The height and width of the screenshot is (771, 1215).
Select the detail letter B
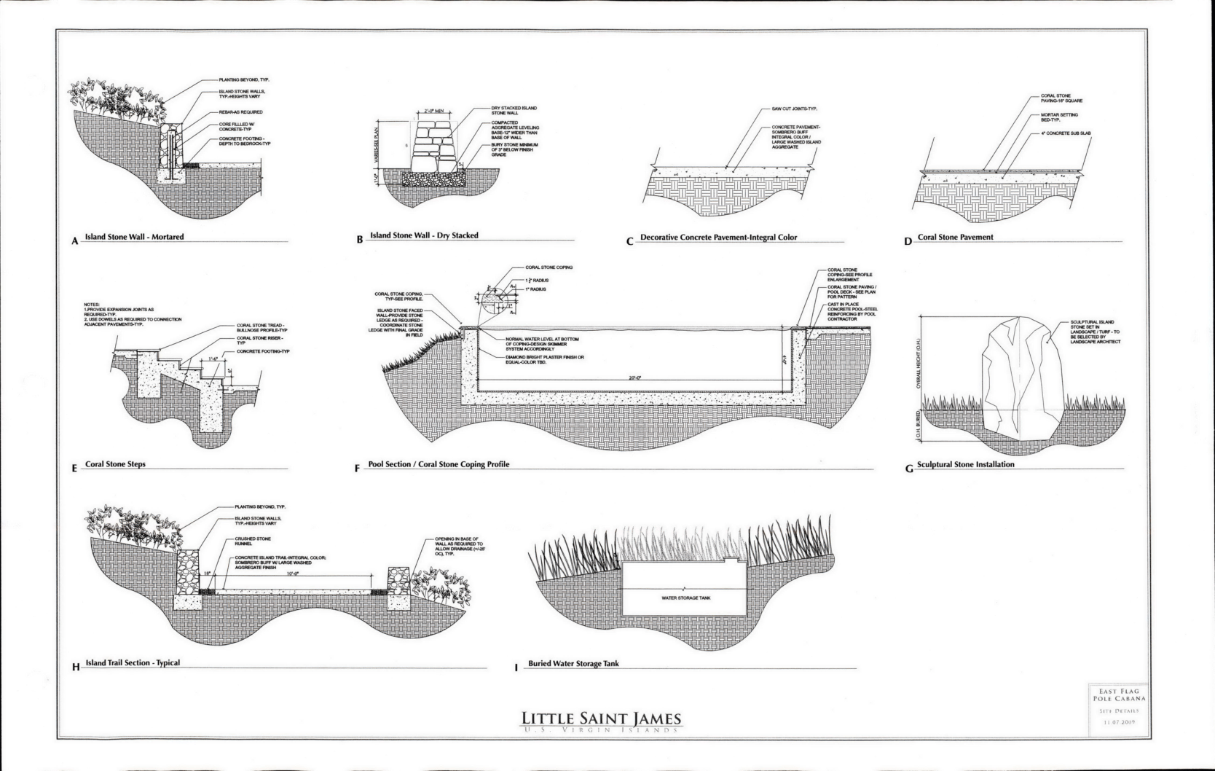[x=360, y=240]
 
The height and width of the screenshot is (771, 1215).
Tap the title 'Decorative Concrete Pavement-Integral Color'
[x=718, y=238]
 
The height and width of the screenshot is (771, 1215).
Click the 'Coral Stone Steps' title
[x=115, y=464]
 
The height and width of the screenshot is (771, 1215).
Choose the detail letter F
[x=358, y=468]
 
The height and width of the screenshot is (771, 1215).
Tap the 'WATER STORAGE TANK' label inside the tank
[x=685, y=598]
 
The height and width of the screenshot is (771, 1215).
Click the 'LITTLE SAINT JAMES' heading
[x=602, y=718]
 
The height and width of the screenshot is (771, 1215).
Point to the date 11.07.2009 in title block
[x=1114, y=723]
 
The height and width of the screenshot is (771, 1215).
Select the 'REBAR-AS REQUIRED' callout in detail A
[x=240, y=112]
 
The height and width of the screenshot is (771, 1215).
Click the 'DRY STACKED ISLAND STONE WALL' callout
[x=514, y=111]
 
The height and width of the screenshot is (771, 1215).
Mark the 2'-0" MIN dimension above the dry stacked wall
[x=433, y=111]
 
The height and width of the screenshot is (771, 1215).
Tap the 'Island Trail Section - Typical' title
[x=132, y=663]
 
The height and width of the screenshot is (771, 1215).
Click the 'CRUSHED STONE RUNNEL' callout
[x=253, y=541]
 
